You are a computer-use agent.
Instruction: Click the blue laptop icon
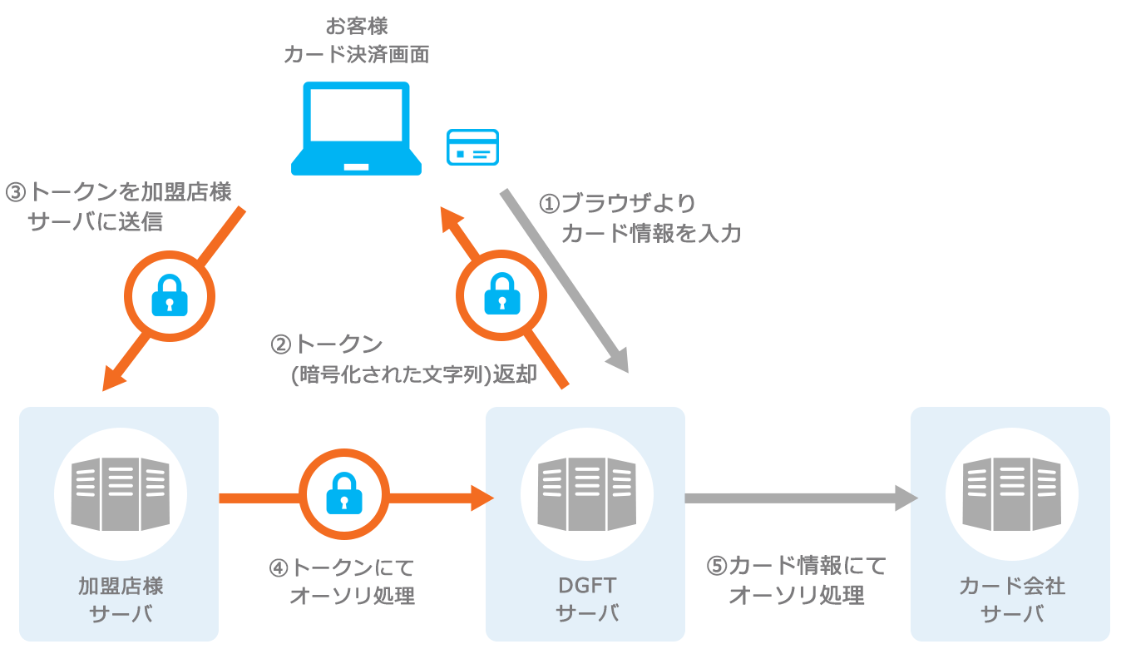356,128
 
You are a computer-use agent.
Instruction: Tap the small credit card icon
472,147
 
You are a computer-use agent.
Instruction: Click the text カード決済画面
356,55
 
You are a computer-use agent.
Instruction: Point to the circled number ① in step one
551,204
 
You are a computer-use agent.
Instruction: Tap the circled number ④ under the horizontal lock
279,568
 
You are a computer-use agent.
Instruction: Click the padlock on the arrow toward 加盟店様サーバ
170,295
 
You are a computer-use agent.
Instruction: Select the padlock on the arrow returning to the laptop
501,293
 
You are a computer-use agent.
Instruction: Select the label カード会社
1011,586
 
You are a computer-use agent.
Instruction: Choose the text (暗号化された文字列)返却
414,375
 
